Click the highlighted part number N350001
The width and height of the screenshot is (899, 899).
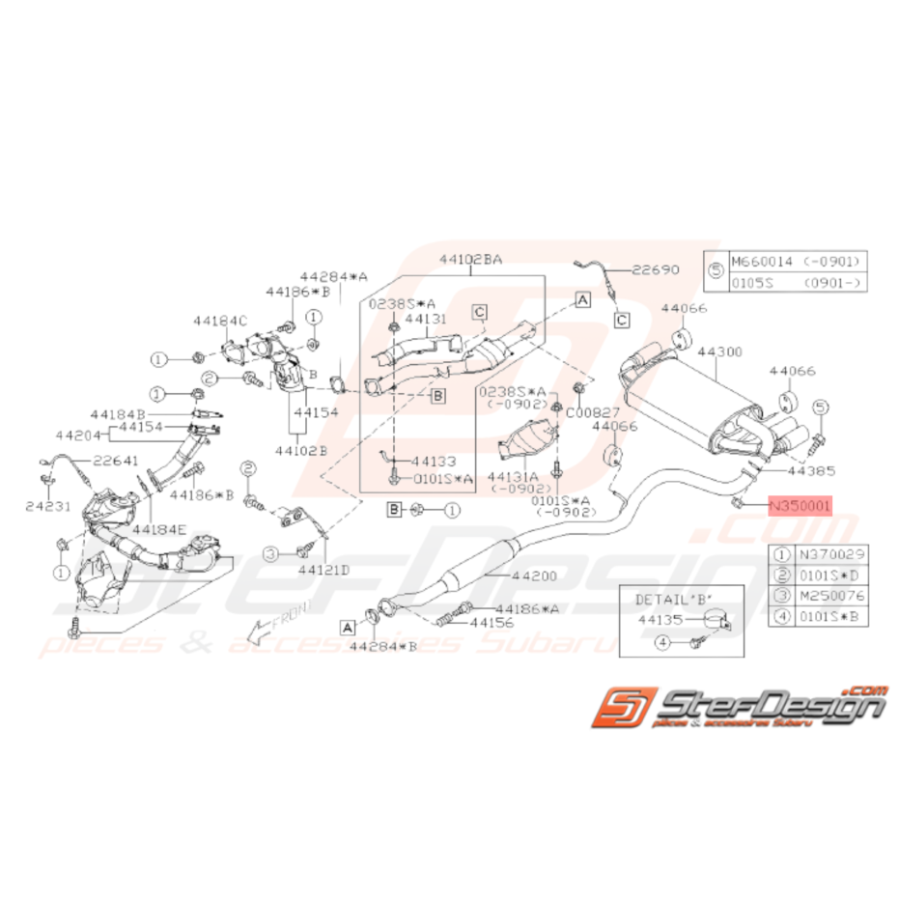(x=799, y=504)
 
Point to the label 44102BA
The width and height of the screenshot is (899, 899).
(x=470, y=260)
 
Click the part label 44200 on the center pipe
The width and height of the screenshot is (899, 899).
(x=536, y=576)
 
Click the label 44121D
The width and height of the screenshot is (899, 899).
(x=324, y=569)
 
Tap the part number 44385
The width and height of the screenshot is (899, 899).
(x=809, y=471)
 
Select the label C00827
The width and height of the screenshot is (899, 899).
(x=592, y=410)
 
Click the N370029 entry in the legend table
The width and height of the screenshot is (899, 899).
(x=819, y=554)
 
